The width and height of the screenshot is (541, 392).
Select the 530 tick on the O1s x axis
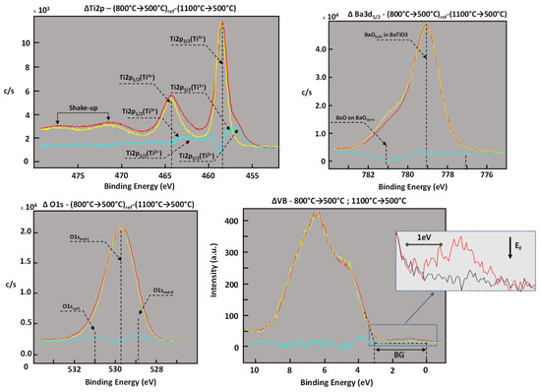coord(115,370)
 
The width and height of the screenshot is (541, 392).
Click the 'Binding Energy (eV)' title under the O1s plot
coord(115,384)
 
